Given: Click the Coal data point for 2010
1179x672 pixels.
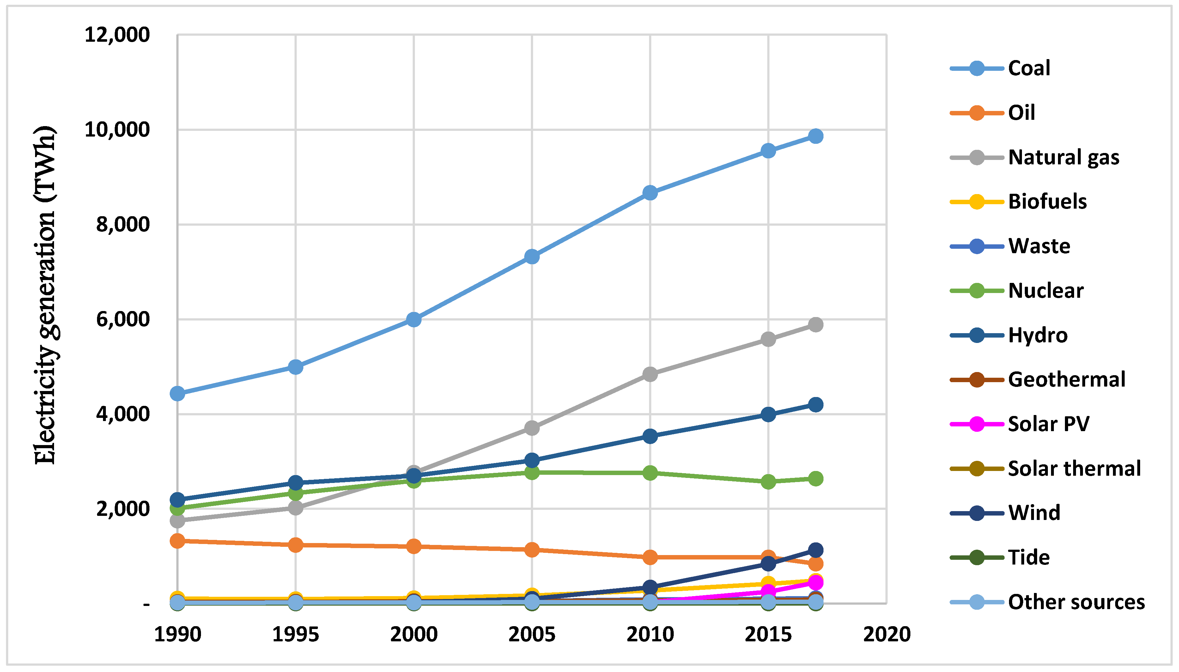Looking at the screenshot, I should coord(650,193).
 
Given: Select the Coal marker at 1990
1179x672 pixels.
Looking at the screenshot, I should coord(178,394).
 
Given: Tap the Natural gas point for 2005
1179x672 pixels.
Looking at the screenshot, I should coord(532,428).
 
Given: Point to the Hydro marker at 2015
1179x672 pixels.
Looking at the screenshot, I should coord(768,414).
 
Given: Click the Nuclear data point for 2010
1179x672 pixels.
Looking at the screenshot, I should coord(650,473).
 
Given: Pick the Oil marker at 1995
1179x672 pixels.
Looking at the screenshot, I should coord(296,545).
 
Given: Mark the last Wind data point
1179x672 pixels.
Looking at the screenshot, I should coord(816,550).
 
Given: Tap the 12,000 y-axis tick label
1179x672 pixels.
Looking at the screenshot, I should coord(117,35).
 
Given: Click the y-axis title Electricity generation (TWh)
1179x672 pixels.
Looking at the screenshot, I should coord(45,296).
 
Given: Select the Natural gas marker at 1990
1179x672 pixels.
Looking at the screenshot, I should coord(178,521).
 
